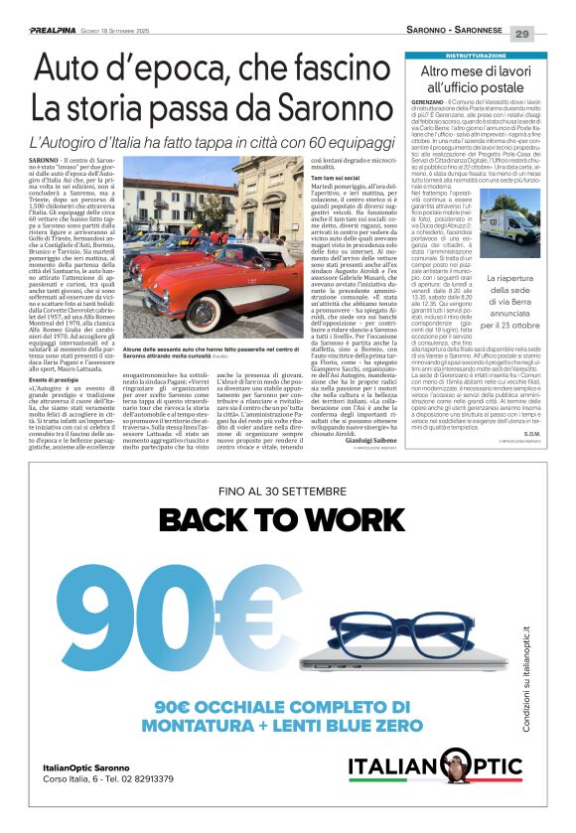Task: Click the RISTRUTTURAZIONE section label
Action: (x=479, y=56)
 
